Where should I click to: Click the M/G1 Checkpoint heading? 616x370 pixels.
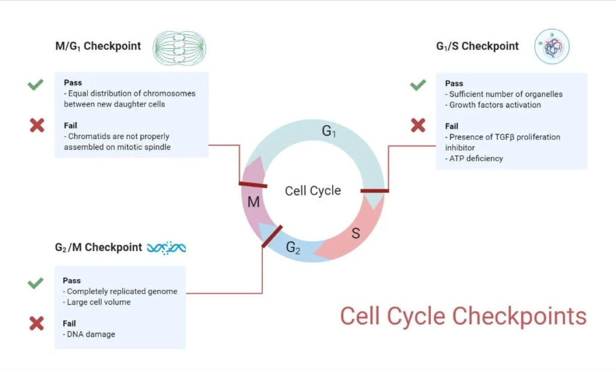(97, 46)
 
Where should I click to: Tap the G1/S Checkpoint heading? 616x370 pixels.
(477, 46)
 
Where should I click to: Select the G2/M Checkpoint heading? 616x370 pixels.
(98, 247)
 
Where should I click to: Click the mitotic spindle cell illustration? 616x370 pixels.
(179, 48)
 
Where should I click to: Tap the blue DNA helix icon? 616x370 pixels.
(167, 247)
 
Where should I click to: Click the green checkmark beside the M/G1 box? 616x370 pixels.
(35, 85)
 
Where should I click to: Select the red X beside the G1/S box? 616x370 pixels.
(418, 125)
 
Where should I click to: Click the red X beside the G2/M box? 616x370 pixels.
(37, 324)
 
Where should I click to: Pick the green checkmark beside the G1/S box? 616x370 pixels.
(418, 85)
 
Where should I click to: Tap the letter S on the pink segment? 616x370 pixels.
(356, 233)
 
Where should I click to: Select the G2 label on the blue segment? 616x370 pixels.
(293, 247)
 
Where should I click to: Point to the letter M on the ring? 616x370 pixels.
(253, 202)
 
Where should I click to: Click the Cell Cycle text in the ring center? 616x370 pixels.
(313, 191)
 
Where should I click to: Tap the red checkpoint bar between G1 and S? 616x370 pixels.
(374, 191)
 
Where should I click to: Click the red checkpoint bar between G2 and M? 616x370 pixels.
(272, 236)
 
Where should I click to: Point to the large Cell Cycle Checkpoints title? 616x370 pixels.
(463, 316)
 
